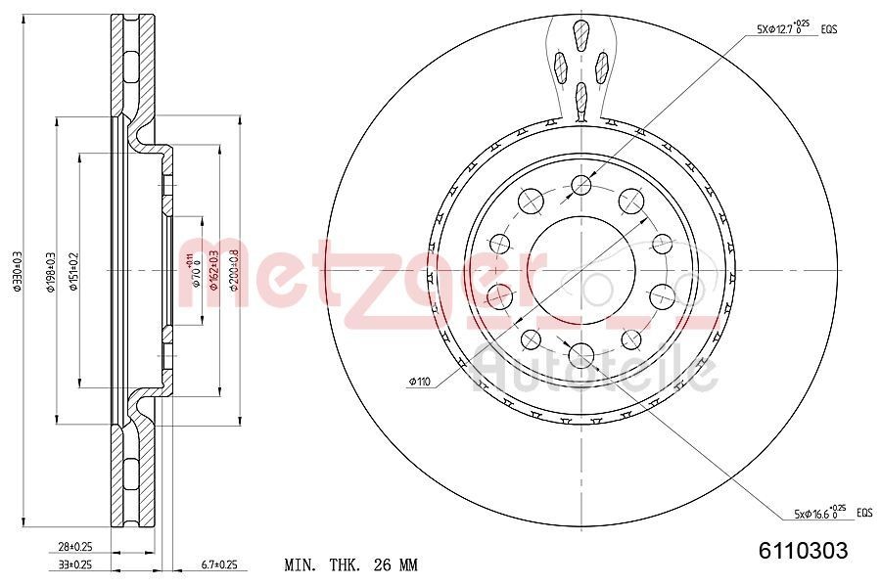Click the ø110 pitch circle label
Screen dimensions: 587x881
tap(420, 381)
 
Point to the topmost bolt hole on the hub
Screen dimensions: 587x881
tap(582, 184)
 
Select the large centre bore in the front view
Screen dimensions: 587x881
tap(582, 269)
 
